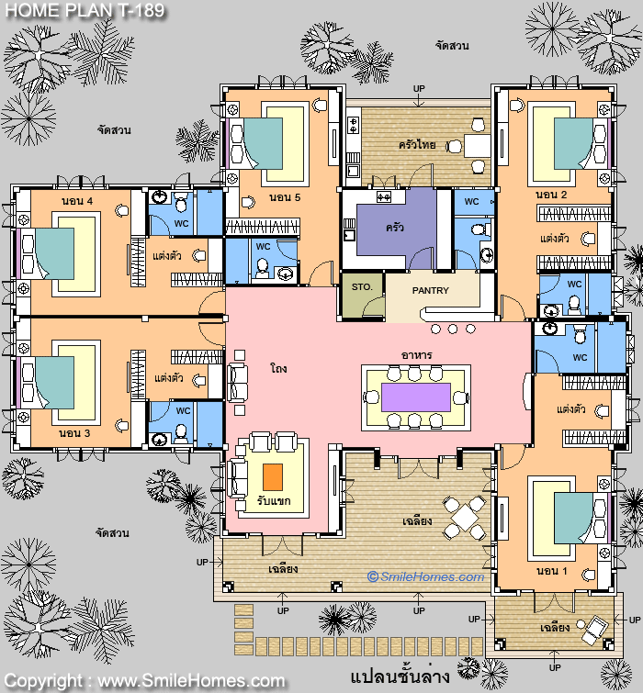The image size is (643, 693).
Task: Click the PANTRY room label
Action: (x=430, y=290)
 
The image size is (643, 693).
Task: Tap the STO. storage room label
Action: (x=362, y=286)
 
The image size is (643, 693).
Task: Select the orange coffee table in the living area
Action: (x=273, y=477)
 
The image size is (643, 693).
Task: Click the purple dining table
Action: (x=416, y=397)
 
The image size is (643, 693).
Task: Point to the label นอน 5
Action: (x=285, y=197)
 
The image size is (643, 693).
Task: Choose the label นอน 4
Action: (x=77, y=201)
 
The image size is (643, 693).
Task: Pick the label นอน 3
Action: (x=74, y=433)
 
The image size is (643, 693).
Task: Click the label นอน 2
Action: (x=551, y=195)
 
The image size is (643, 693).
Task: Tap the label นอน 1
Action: (x=551, y=571)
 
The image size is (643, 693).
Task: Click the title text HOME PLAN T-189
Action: (x=85, y=10)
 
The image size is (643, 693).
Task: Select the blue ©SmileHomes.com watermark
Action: (x=425, y=576)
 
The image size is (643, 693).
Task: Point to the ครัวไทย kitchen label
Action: (x=417, y=144)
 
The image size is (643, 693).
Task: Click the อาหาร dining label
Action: (x=417, y=355)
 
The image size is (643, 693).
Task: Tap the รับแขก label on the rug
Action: (x=274, y=501)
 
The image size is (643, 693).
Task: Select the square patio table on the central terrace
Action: (x=465, y=517)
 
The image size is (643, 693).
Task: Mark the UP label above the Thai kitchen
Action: (x=419, y=89)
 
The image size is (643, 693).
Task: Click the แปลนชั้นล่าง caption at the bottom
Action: (x=400, y=677)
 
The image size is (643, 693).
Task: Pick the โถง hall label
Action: (x=278, y=368)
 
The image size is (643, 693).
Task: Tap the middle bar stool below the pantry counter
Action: (x=453, y=329)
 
